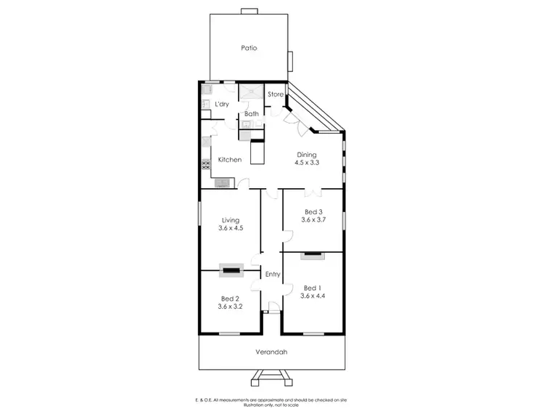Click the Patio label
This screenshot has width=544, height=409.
(250, 48)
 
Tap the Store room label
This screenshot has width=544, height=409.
(276, 94)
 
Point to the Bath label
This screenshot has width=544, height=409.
(251, 114)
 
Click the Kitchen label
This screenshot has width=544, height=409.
(230, 160)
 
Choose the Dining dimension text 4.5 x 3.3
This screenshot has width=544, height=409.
(307, 163)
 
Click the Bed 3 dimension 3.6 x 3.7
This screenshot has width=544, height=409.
(313, 220)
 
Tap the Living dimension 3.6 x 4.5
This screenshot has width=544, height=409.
(231, 228)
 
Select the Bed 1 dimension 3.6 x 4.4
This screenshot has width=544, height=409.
(313, 296)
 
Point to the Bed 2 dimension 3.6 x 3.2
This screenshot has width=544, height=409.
(231, 307)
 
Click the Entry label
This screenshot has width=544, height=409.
(272, 274)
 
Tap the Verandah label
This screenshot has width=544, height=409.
(272, 352)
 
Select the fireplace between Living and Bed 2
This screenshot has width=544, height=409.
(231, 270)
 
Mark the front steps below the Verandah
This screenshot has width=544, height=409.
(271, 377)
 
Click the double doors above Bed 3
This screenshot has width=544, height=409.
(313, 191)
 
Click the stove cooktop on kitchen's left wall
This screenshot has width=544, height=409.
(205, 164)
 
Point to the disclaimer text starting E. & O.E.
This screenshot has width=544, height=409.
(271, 401)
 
